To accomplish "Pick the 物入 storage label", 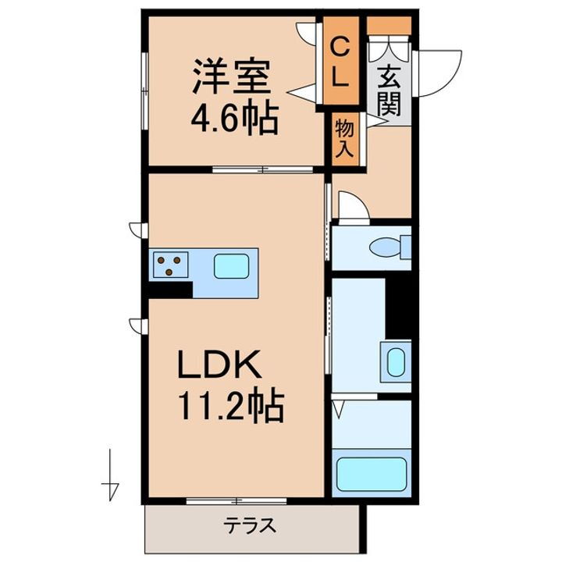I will pos(344,138).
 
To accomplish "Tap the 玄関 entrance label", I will pos(385,89).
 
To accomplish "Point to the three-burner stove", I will pos(170,265).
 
